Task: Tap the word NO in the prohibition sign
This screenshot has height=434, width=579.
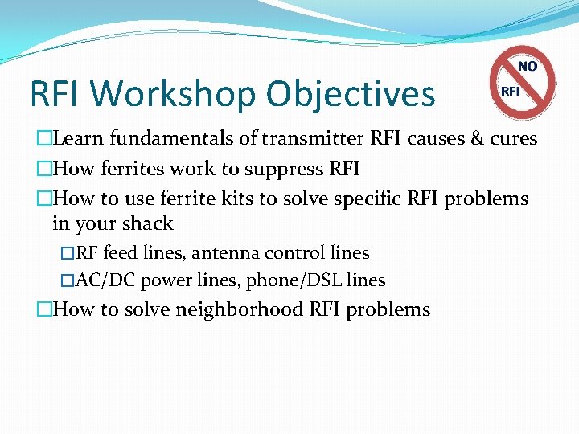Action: pyautogui.click(x=528, y=67)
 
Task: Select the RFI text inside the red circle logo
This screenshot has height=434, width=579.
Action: pyautogui.click(x=510, y=91)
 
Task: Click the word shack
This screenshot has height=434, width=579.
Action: pyautogui.click(x=146, y=223)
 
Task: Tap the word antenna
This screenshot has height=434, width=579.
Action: pyautogui.click(x=235, y=253)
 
